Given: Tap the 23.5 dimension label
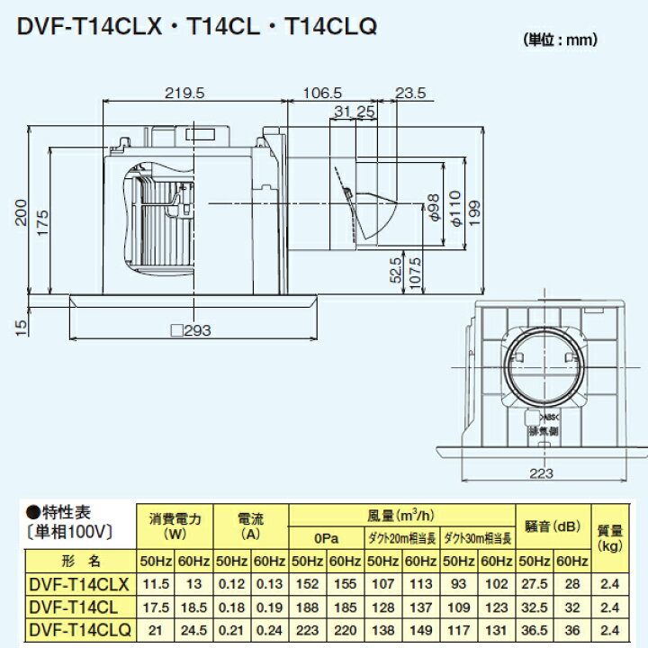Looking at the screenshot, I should click(x=409, y=93).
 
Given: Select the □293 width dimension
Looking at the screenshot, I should click(x=191, y=330).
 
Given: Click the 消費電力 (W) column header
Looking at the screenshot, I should click(x=174, y=525).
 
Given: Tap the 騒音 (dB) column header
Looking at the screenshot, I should click(x=553, y=525).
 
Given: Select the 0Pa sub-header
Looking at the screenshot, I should click(x=326, y=539).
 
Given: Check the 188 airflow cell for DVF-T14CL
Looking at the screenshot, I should click(x=307, y=607).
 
